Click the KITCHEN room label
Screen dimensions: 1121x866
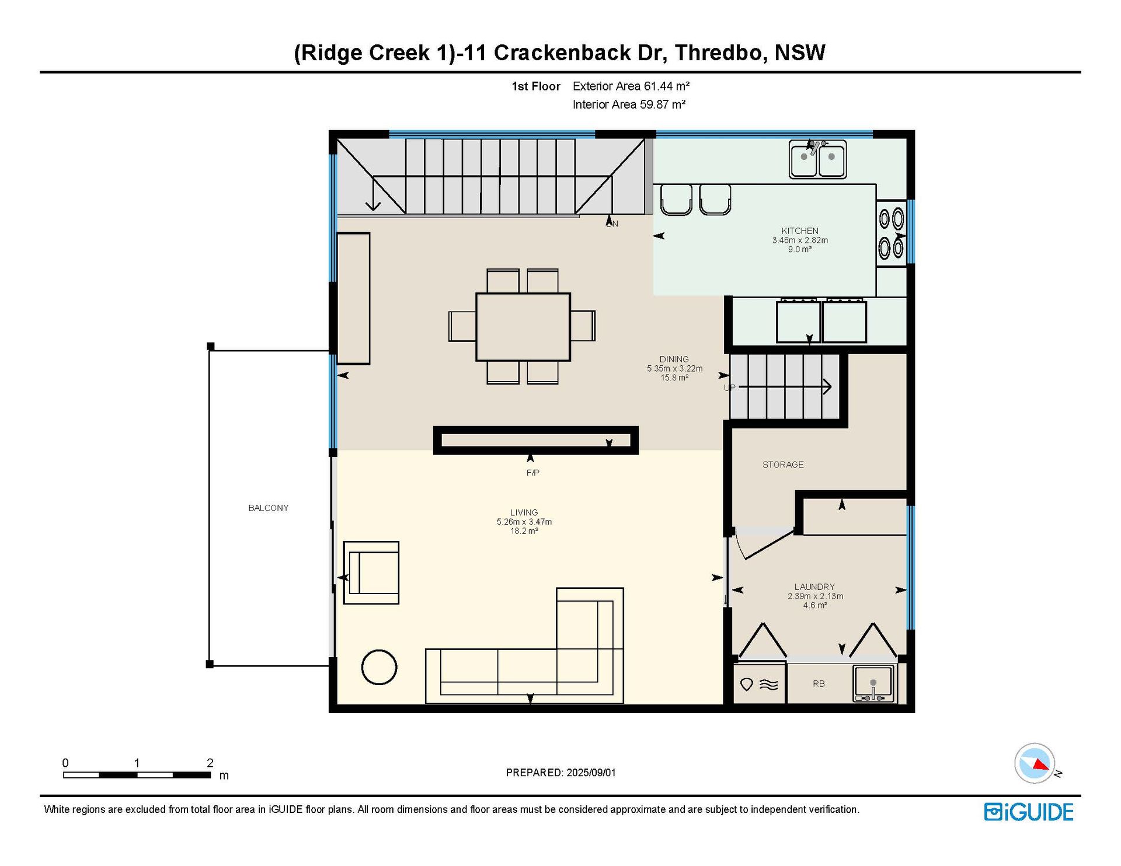tap(799, 231)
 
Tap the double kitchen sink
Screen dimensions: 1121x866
tap(817, 159)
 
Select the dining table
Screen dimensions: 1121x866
tap(523, 327)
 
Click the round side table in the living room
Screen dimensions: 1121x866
tap(380, 667)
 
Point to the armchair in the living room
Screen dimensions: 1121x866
tap(371, 572)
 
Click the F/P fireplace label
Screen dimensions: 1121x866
tap(532, 473)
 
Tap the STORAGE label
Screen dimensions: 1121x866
tap(783, 465)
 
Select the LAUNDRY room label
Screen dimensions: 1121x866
tap(814, 586)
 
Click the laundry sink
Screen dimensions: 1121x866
tap(873, 683)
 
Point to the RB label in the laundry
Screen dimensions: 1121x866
tap(819, 683)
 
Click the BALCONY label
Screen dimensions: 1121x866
tap(269, 508)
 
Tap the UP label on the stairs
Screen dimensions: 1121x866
tap(729, 387)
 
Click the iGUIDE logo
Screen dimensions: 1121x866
tap(1029, 812)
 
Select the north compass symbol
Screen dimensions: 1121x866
tap(1035, 763)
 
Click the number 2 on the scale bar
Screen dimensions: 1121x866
tap(210, 763)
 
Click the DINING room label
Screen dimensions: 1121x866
tap(674, 359)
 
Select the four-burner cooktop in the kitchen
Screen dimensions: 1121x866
tap(892, 234)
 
